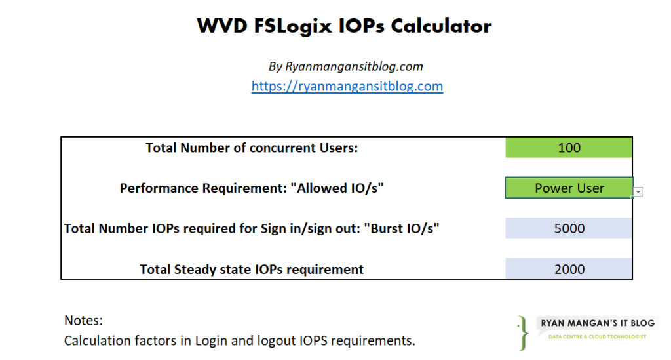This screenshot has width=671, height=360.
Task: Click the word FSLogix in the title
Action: coord(293,26)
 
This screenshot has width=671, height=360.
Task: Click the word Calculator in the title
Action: coord(441,26)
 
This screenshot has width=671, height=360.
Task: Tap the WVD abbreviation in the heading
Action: coord(222,26)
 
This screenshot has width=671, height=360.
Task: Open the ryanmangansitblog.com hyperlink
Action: coord(347,86)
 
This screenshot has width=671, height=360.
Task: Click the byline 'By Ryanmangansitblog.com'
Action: coord(346,66)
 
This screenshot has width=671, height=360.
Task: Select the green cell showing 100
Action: coord(569,148)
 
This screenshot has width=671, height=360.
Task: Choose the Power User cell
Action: coord(569,188)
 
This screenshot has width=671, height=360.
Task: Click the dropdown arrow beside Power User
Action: coord(638,191)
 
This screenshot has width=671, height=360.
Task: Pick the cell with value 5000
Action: coord(569,228)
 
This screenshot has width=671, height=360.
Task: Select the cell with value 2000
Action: coord(569,269)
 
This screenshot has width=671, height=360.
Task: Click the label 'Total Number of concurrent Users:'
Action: coord(252,148)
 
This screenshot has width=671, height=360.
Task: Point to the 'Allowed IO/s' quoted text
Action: coord(337,188)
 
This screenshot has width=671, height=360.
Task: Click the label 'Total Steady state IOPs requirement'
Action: coord(252,270)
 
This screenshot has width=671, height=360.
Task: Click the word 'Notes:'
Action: coord(83,320)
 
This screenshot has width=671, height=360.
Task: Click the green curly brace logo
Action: coord(523,334)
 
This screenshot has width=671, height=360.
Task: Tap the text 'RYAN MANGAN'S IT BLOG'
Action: coord(598,323)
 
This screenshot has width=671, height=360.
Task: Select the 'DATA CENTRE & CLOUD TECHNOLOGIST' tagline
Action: coord(598,337)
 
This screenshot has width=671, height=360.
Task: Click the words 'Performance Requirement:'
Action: coord(203,188)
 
